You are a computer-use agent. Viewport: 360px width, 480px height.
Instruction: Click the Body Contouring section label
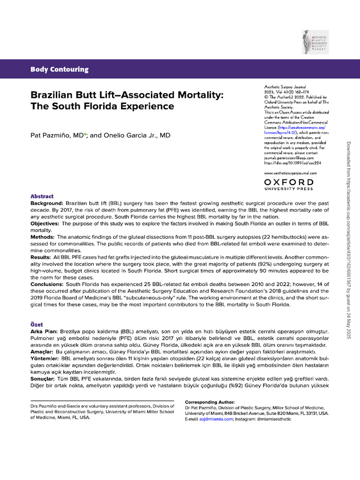point(60,69)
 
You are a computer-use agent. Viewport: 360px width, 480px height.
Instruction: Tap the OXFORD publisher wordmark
point(289,182)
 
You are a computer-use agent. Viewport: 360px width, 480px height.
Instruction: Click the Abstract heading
point(42,196)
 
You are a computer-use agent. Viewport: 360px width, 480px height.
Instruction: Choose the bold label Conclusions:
point(49,284)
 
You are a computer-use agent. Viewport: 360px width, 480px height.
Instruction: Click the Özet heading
point(38,324)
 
